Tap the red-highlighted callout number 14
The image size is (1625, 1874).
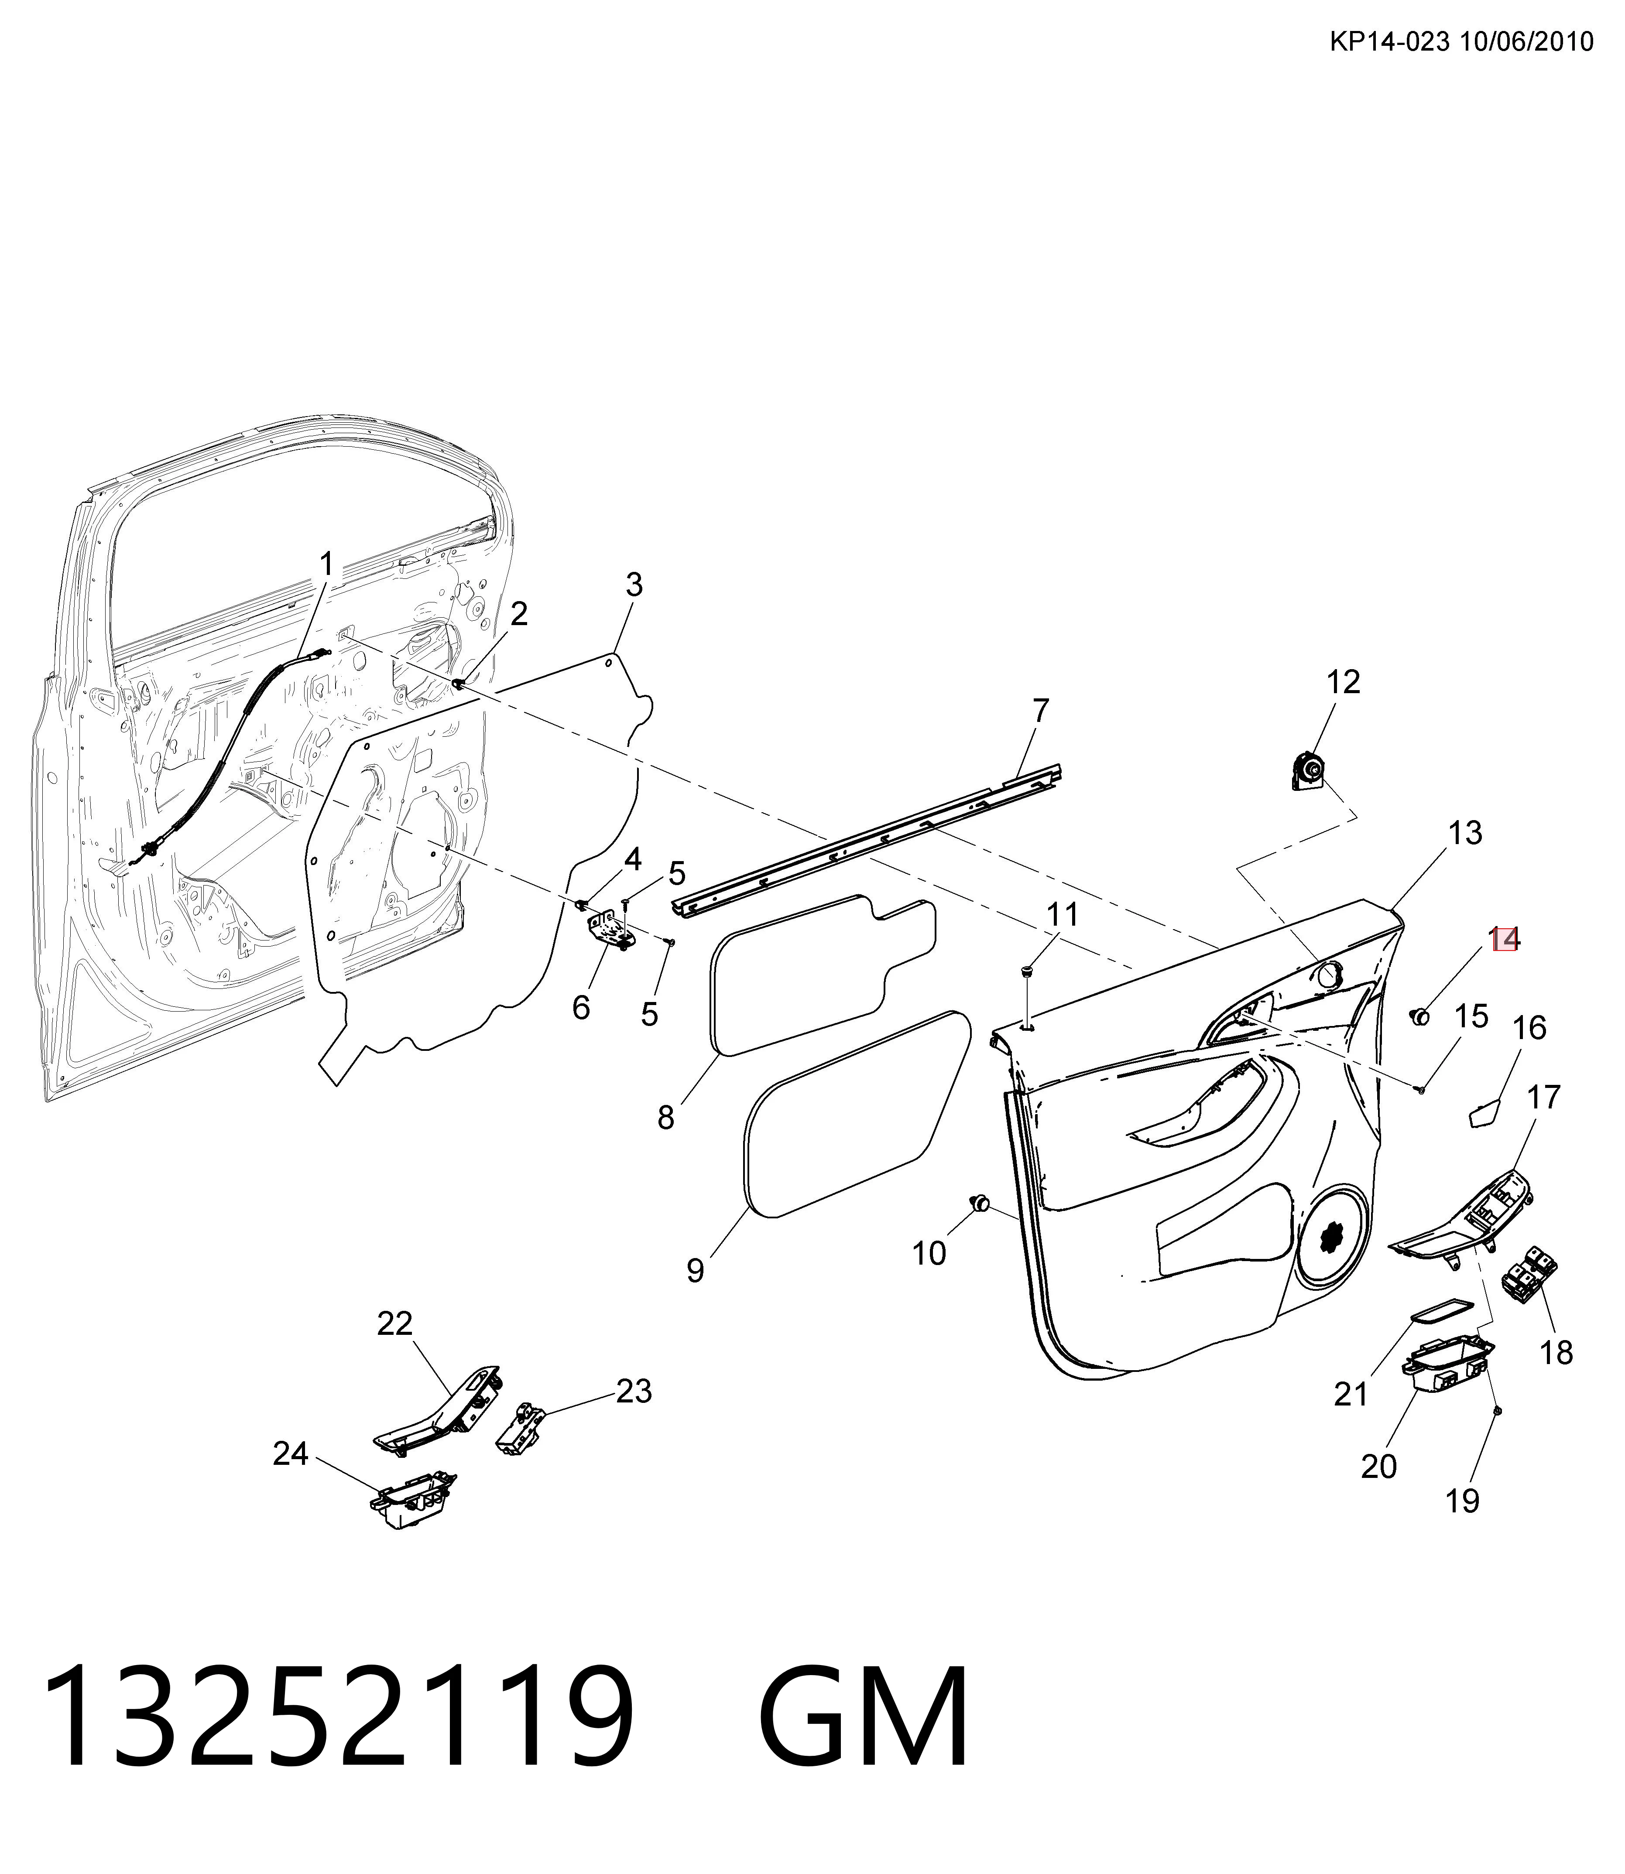pos(1505,938)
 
